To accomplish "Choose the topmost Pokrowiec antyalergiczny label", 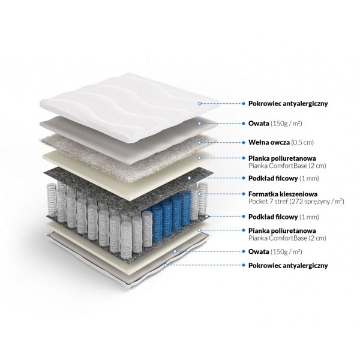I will click(x=288, y=104).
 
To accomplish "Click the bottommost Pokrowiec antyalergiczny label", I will click(x=288, y=264).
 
